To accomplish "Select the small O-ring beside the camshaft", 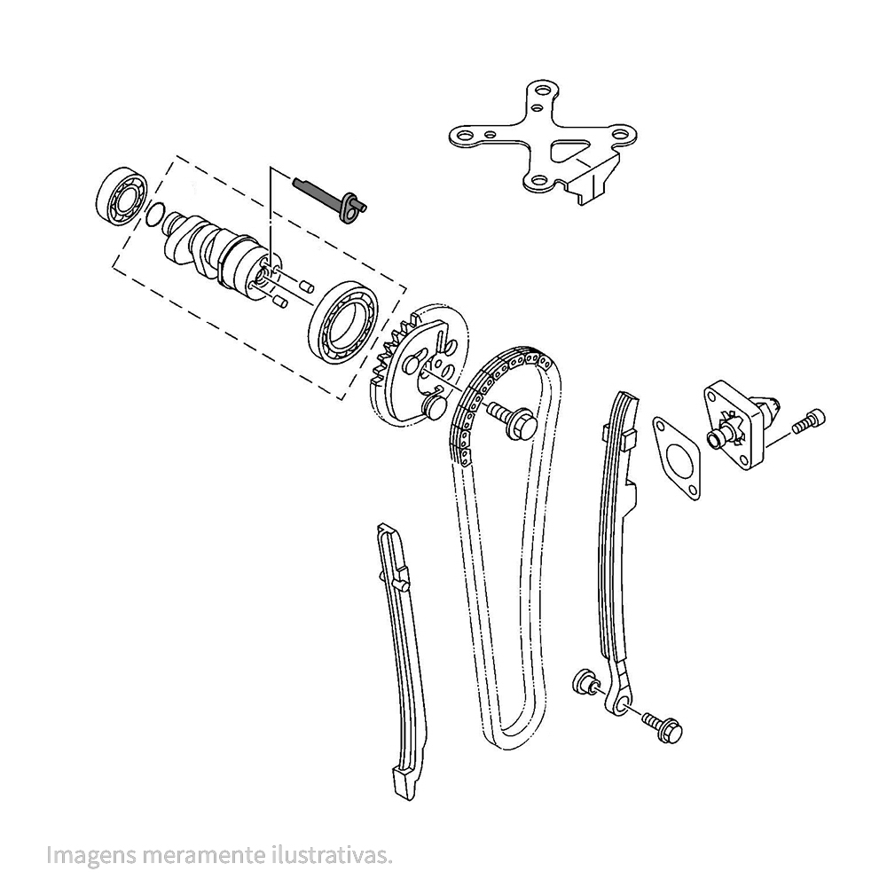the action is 153,215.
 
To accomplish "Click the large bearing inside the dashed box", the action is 344,323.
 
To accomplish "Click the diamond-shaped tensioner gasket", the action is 676,459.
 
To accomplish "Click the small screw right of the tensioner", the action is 809,420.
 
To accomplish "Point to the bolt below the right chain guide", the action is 663,727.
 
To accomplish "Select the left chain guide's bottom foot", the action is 404,783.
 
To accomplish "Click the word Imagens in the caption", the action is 91,855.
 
